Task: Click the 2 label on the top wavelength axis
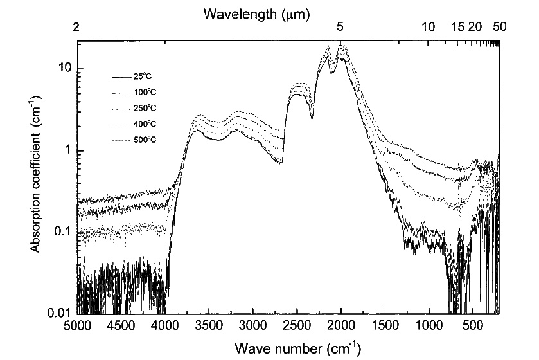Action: tap(77, 28)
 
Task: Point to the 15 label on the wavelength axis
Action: tap(457, 28)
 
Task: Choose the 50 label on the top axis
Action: tap(499, 28)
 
